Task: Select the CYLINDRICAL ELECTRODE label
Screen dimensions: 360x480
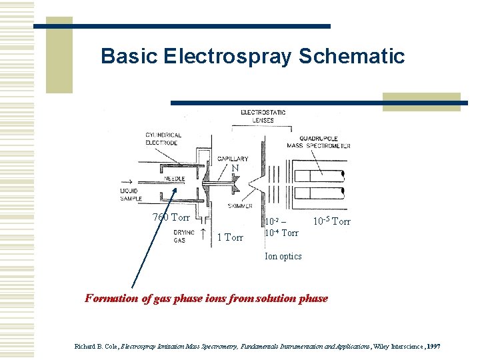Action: [163, 139]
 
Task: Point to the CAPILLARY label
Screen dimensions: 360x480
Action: [233, 159]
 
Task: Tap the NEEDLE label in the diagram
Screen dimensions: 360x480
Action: [174, 179]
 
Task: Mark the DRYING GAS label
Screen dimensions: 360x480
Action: [185, 236]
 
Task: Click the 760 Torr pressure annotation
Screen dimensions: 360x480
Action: [171, 217]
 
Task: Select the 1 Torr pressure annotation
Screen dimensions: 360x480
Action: [231, 237]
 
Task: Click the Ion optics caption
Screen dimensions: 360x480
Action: [283, 256]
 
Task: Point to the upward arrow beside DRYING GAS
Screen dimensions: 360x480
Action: [202, 233]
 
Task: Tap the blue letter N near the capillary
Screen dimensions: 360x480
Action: [235, 169]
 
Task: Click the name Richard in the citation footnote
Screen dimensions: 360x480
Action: [85, 347]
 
